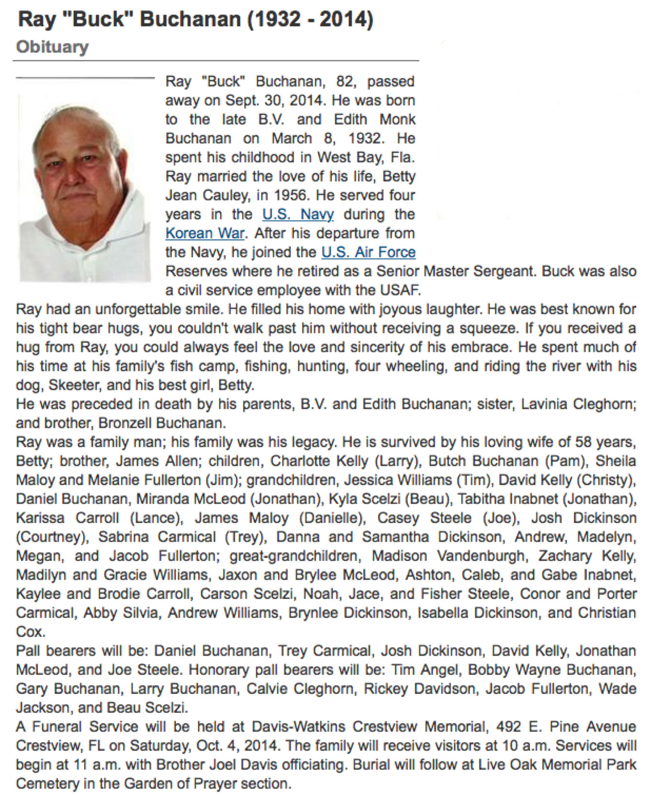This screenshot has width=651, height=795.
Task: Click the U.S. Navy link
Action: click(x=298, y=214)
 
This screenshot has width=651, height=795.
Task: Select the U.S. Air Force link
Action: click(x=368, y=252)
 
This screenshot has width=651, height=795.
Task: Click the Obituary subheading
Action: click(x=52, y=47)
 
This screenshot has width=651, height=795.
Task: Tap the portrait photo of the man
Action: click(x=85, y=187)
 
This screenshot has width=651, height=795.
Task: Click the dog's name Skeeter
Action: click(x=60, y=385)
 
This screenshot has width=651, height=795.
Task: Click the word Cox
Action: click(x=31, y=632)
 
